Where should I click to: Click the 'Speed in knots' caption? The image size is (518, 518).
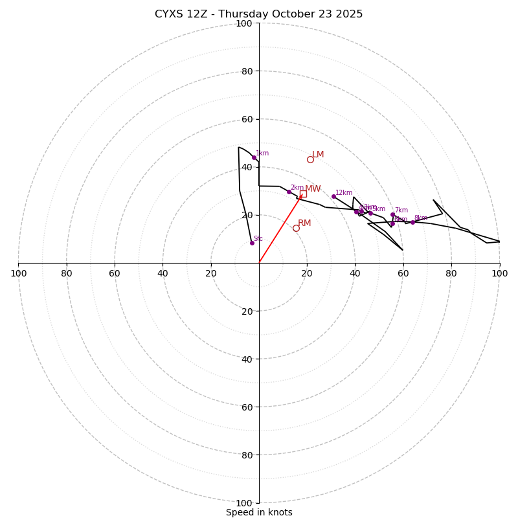(x=259, y=512)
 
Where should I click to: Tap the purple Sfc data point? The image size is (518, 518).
(x=252, y=243)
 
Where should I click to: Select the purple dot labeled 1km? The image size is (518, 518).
(x=254, y=157)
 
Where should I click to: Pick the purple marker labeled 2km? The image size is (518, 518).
(x=289, y=192)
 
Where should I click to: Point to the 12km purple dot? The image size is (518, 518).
(x=333, y=196)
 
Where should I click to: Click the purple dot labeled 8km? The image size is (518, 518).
(x=412, y=222)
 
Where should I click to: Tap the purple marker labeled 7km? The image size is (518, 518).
(x=392, y=214)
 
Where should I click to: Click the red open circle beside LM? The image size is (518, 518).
(x=310, y=159)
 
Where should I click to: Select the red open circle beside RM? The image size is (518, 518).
(x=296, y=228)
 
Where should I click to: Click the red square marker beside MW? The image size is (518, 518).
(x=303, y=194)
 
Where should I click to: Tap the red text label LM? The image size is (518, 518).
(x=318, y=155)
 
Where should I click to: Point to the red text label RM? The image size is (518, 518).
(x=304, y=223)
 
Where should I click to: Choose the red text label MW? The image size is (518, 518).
(x=313, y=189)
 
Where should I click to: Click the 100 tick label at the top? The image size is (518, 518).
(x=243, y=23)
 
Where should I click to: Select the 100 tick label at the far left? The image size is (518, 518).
(x=18, y=274)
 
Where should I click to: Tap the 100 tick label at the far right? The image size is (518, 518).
(x=499, y=274)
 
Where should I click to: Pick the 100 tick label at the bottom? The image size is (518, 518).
(x=243, y=503)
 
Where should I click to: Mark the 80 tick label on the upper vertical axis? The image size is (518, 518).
(x=246, y=71)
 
